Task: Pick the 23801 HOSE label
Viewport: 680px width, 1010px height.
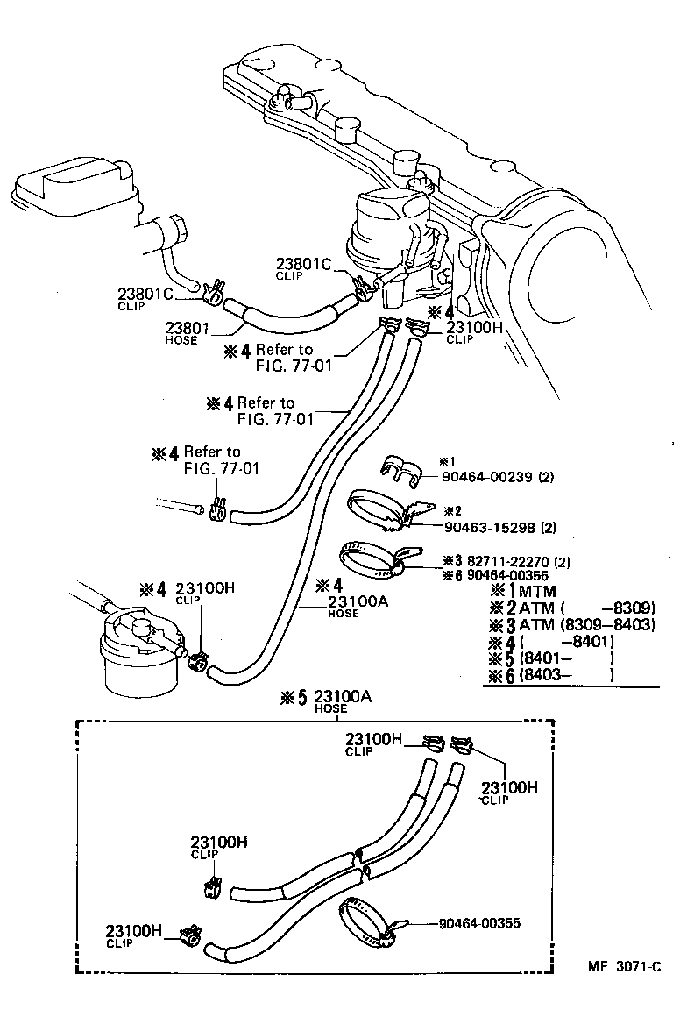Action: (x=186, y=333)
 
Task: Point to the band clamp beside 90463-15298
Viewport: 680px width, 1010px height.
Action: (x=383, y=514)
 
